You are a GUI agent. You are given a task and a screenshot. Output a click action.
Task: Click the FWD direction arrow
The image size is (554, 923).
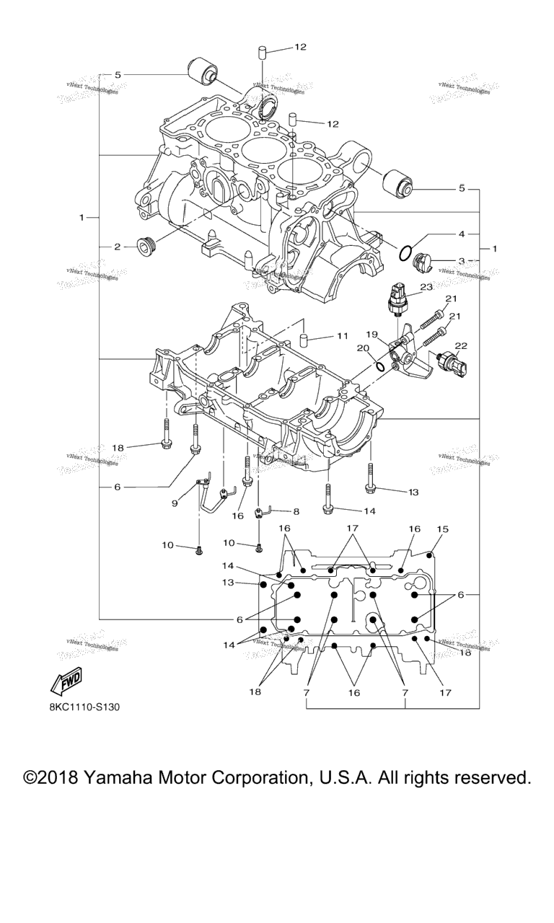pos(65,680)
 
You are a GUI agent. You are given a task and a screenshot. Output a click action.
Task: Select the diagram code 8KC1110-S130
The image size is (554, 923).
pos(84,707)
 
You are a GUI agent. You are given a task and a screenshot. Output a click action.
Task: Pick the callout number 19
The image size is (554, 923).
pos(371,335)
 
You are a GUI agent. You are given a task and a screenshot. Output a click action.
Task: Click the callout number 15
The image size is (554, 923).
pos(441,529)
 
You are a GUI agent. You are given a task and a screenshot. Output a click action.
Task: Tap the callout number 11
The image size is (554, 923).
pos(342,336)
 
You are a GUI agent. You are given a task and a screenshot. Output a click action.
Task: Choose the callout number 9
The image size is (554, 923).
pos(175,503)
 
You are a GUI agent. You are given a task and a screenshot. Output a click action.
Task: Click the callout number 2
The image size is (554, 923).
pos(117,247)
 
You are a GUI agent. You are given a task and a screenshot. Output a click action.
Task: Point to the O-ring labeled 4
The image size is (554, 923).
pos(406,253)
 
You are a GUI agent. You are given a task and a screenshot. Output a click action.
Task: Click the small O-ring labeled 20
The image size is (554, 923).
pos(380,366)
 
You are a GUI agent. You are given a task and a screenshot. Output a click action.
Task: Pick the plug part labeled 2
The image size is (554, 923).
pos(146,247)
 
